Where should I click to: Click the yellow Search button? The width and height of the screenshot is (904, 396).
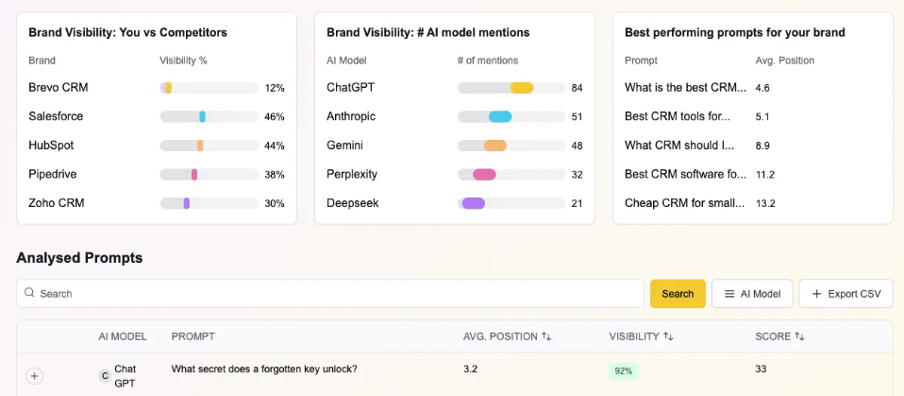click(678, 294)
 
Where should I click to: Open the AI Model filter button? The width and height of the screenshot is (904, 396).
click(752, 294)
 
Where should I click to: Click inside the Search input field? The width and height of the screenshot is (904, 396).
click(330, 294)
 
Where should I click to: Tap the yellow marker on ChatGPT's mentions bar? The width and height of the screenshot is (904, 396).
click(522, 88)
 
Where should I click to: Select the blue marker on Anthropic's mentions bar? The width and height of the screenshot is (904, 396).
click(500, 117)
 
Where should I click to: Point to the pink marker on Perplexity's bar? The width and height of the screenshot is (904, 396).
click(484, 175)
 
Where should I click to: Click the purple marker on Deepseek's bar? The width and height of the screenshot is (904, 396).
click(473, 203)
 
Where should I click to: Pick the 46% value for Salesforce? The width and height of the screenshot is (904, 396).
click(275, 117)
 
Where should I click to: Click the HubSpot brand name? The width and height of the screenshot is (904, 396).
click(51, 146)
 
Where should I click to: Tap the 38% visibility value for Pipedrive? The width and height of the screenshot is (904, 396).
click(275, 175)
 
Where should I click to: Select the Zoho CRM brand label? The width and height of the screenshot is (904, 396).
click(57, 203)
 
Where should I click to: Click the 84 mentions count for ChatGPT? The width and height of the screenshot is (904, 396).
click(577, 88)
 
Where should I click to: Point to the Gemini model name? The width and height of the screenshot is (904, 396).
click(344, 146)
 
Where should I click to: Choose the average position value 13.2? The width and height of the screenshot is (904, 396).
click(765, 203)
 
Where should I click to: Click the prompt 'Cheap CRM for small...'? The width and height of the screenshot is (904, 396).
click(686, 203)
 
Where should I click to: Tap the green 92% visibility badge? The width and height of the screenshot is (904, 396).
click(624, 371)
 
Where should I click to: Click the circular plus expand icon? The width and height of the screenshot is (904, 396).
click(35, 376)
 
